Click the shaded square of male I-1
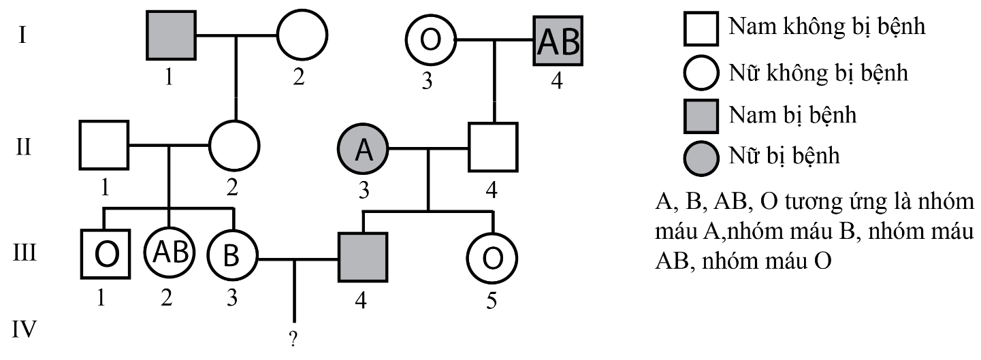[x=172, y=35]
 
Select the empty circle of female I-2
[x=302, y=35]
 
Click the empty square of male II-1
[x=104, y=145]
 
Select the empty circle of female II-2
[x=234, y=145]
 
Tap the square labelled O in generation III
[x=104, y=255]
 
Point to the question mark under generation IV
[x=293, y=342]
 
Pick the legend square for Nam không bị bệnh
[x=701, y=29]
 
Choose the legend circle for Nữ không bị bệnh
[x=701, y=71]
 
